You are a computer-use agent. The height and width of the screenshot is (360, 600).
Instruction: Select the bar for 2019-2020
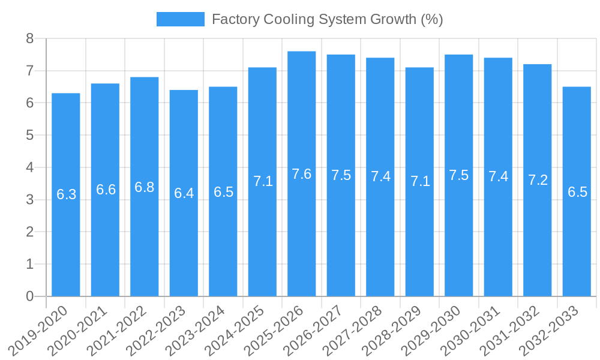pyautogui.click(x=66, y=194)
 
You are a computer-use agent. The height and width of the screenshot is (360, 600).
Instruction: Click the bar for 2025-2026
pyautogui.click(x=302, y=174)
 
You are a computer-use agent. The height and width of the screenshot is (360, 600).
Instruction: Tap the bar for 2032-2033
pyautogui.click(x=577, y=191)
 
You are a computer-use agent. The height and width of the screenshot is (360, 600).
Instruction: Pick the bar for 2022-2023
pyautogui.click(x=184, y=193)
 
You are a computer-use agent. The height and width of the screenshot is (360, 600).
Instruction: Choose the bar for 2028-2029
pyautogui.click(x=419, y=182)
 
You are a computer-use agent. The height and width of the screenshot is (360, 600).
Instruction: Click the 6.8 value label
pyautogui.click(x=145, y=187)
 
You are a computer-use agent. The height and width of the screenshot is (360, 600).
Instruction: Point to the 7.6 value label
pyautogui.click(x=302, y=174)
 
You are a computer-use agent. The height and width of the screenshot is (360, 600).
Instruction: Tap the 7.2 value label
pyautogui.click(x=538, y=180)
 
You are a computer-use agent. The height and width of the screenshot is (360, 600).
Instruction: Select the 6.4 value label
pyautogui.click(x=184, y=193)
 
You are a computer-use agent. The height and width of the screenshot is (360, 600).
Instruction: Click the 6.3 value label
pyautogui.click(x=66, y=194)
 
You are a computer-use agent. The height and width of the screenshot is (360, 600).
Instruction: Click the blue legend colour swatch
pyautogui.click(x=180, y=19)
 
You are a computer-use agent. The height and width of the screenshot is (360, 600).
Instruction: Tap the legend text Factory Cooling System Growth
pyautogui.click(x=327, y=19)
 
